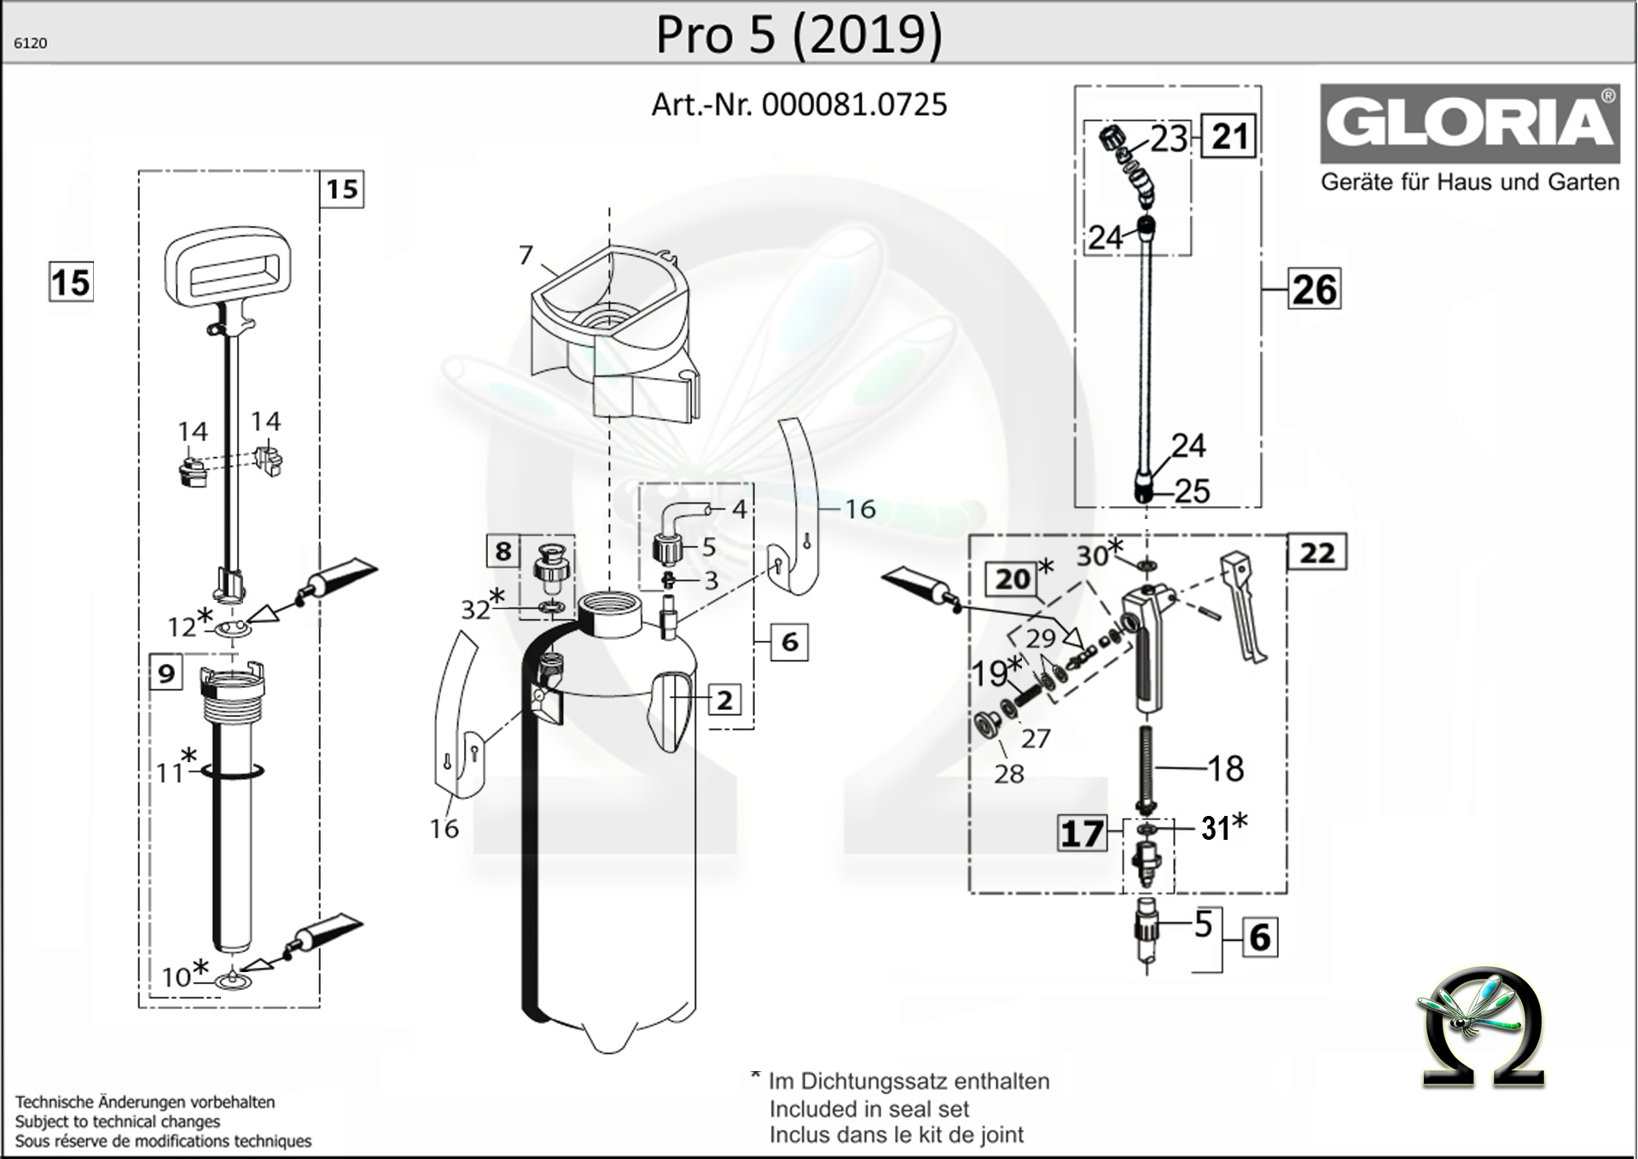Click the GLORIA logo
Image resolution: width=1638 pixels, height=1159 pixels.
pos(1469,124)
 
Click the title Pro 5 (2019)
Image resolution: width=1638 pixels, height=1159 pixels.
pos(799,34)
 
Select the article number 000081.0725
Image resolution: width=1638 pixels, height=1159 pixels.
pos(853,104)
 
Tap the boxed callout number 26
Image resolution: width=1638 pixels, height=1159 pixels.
pos(1314,289)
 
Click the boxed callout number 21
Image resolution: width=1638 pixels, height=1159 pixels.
pos(1229,137)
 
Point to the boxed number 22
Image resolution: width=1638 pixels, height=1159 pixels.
pos(1316,553)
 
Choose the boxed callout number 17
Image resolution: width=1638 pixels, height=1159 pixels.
pos(1081,833)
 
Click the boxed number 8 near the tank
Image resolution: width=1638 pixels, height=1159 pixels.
pos(502,551)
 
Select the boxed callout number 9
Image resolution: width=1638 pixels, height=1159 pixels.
pos(166,673)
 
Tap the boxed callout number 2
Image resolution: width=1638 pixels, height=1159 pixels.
pos(723,700)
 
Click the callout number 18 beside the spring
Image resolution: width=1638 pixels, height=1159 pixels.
pos(1225,769)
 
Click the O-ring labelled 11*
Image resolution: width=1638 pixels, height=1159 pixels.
pos(232,772)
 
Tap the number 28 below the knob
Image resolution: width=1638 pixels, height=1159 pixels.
pos(1008,774)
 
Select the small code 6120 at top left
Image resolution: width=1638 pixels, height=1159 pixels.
pos(31,44)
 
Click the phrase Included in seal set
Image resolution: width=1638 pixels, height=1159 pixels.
pos(868,1109)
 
